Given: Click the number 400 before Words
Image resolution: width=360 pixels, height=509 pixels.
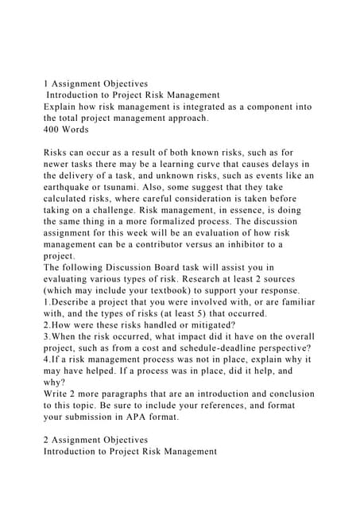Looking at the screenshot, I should coord(52,128).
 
